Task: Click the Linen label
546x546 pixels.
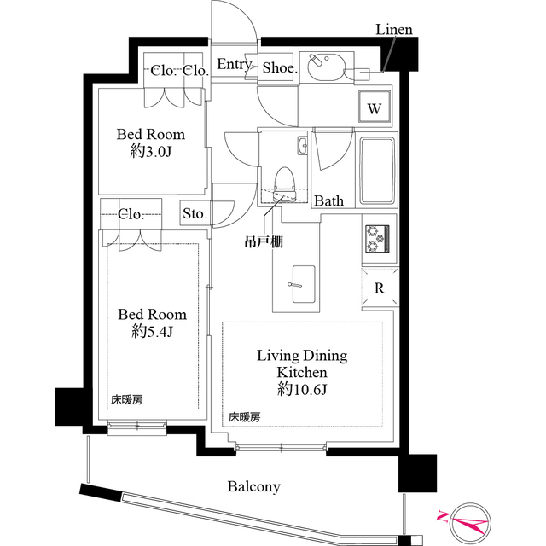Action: [394, 30]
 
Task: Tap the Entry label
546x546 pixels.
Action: [232, 66]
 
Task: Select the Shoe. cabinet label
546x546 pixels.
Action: [279, 67]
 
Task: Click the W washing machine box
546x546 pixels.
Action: [375, 108]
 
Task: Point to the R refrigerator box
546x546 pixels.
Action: [379, 288]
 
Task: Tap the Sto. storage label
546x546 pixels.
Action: [194, 214]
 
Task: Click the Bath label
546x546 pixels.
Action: [329, 201]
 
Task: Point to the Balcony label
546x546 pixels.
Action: [253, 487]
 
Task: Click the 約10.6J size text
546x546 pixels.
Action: [290, 389]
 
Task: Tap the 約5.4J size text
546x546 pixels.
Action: [152, 332]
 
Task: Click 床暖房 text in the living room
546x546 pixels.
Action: [244, 417]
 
